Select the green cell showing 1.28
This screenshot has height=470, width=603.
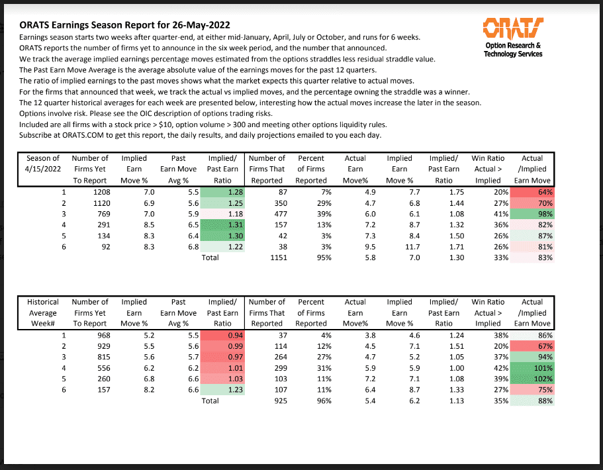223,193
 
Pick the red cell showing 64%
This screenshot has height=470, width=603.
532,193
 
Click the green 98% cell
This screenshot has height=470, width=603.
532,214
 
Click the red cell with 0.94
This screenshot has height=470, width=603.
223,336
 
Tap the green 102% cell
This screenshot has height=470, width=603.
532,379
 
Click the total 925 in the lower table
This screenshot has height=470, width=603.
273,400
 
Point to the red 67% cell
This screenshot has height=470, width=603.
532,346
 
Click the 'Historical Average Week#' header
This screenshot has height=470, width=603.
42,312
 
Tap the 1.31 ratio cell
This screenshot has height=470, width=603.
223,225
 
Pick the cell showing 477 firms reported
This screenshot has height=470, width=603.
273,214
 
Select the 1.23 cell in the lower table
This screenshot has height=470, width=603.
223,389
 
